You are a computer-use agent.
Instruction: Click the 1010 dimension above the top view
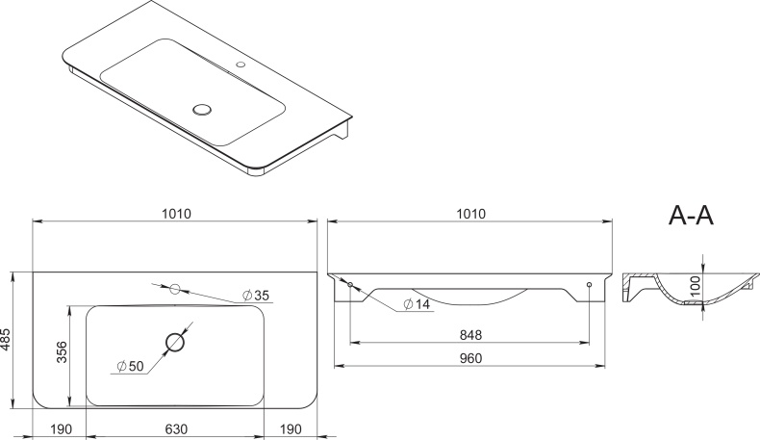(x=176, y=214)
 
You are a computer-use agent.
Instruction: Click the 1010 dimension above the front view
(x=471, y=214)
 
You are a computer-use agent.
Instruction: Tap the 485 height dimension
(x=6, y=340)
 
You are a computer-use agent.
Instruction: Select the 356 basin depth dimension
(x=63, y=352)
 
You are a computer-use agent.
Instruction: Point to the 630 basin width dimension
(x=176, y=429)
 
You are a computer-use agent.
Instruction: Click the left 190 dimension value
(x=61, y=429)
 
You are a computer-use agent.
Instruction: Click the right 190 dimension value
(x=291, y=429)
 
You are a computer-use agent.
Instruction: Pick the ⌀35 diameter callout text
(x=256, y=295)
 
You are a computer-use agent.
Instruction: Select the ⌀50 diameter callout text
(x=131, y=366)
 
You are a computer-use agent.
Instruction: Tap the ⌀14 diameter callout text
(x=417, y=304)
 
